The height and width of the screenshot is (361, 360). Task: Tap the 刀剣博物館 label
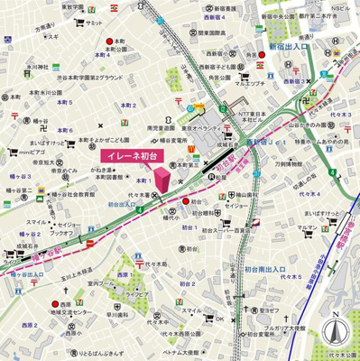297,163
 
